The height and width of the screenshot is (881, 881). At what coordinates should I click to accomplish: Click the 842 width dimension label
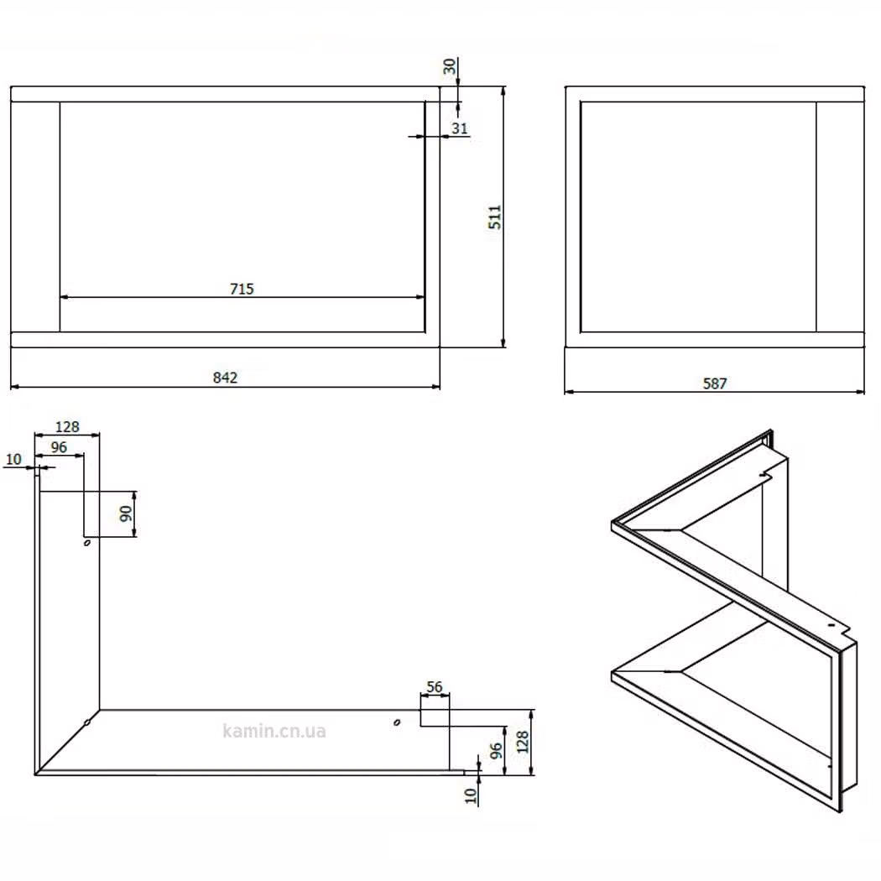tap(225, 378)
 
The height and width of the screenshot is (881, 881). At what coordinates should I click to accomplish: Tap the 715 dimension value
tap(242, 289)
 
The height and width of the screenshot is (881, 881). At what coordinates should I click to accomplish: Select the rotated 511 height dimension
tap(494, 216)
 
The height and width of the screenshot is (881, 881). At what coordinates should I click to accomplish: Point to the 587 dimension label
tap(715, 383)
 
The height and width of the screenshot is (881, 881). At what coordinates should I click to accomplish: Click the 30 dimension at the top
tap(450, 66)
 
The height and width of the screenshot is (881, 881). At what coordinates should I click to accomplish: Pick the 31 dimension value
tap(460, 128)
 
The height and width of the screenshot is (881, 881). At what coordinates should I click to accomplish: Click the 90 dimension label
tap(126, 513)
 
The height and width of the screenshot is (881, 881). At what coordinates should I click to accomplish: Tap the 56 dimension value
tap(435, 687)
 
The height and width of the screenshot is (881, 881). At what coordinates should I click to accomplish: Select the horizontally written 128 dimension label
tap(67, 427)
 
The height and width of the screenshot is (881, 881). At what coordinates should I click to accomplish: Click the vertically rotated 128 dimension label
tap(523, 743)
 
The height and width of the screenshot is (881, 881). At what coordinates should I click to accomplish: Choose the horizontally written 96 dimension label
tap(59, 447)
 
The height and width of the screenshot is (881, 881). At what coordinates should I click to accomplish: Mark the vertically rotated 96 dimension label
tap(496, 751)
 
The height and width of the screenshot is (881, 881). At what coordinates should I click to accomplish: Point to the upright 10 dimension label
tap(13, 460)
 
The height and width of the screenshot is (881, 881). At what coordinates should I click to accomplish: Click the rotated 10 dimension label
tap(471, 795)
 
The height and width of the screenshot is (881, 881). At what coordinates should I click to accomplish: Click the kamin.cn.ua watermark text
tap(274, 731)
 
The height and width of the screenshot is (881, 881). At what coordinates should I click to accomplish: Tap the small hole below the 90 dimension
tap(87, 543)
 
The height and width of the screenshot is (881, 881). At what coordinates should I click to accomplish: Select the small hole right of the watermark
tap(397, 722)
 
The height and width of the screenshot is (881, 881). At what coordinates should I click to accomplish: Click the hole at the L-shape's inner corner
tap(87, 722)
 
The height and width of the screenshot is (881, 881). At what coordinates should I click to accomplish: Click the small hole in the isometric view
tap(831, 624)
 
